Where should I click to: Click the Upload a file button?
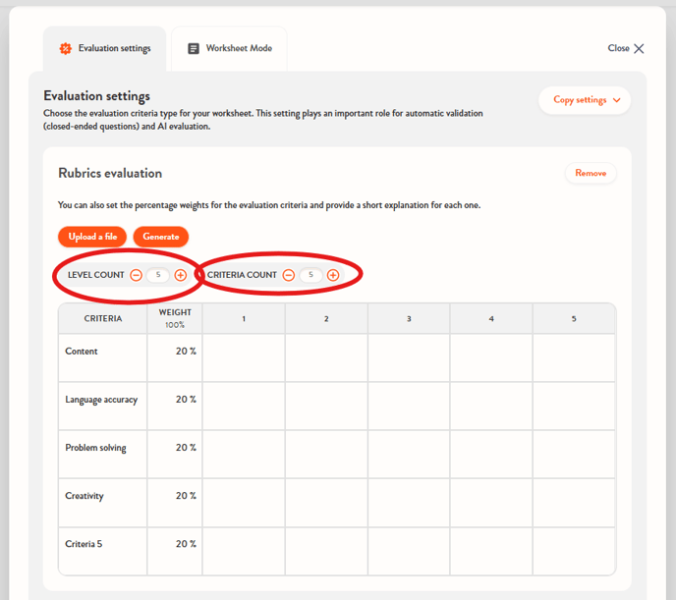(x=92, y=237)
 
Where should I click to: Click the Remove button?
(x=591, y=173)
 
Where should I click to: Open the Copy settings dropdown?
(x=585, y=100)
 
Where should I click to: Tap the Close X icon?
(x=639, y=48)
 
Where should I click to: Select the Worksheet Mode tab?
(x=229, y=48)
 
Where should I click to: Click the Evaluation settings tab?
(x=105, y=48)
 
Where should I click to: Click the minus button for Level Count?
(x=137, y=275)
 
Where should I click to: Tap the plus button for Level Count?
(x=180, y=275)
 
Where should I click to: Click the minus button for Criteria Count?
(x=289, y=275)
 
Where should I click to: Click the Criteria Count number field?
(x=310, y=275)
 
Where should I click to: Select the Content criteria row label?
(x=81, y=351)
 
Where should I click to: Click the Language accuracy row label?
(x=101, y=400)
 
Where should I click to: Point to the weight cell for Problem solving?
(x=175, y=454)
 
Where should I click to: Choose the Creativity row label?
(x=84, y=496)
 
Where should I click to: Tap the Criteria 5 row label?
(x=84, y=544)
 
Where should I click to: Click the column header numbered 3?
(x=409, y=319)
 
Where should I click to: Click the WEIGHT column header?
(x=175, y=318)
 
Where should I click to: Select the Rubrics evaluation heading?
(x=110, y=173)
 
